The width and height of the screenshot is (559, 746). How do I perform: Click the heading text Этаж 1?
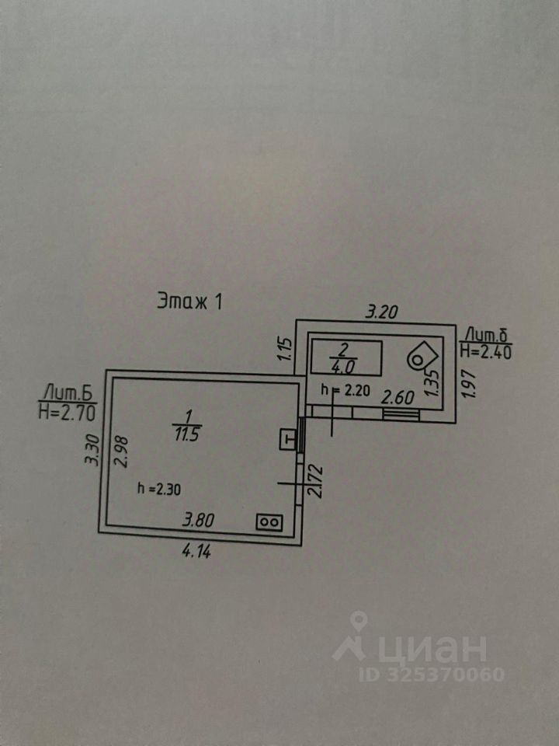[x=189, y=301]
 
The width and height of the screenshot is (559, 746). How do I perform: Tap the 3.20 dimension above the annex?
[x=382, y=313]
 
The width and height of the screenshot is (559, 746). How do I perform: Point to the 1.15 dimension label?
[x=284, y=347]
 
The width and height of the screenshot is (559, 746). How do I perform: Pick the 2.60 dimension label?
[x=398, y=396]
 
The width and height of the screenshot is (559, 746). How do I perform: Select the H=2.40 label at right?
[x=486, y=351]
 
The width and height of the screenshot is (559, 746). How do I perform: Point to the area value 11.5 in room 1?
[x=187, y=434]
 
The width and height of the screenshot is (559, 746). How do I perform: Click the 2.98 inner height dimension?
[x=119, y=450]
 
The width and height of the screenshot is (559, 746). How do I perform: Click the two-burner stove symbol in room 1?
[x=269, y=522]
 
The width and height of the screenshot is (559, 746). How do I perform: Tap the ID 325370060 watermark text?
[x=432, y=674]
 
